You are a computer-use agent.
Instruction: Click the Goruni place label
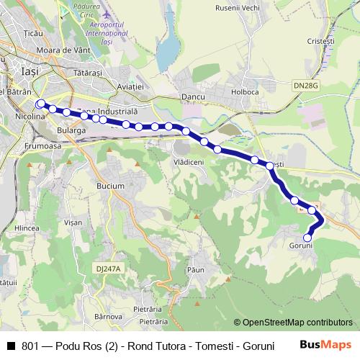(301, 246)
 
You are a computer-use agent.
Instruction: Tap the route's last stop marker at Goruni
(307, 238)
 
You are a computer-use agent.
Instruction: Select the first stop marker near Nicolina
(40, 103)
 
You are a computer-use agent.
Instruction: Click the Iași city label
(31, 72)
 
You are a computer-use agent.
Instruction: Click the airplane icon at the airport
(107, 14)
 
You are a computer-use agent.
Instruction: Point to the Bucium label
(110, 186)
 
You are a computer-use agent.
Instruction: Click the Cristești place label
(320, 42)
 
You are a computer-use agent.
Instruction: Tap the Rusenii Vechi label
(237, 8)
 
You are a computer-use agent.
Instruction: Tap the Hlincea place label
(27, 228)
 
